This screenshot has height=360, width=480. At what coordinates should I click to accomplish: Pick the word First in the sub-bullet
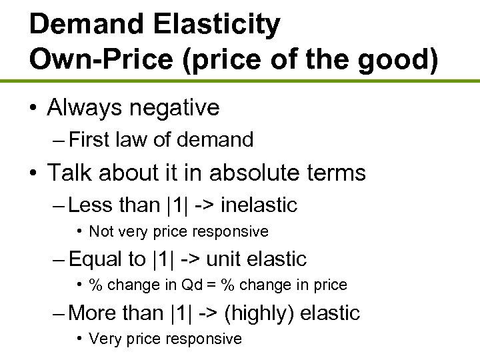(x=90, y=140)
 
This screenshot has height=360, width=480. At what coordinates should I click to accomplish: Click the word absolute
(x=255, y=173)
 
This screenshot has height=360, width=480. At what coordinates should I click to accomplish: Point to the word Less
(x=91, y=205)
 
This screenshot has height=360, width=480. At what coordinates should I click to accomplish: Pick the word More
(x=94, y=313)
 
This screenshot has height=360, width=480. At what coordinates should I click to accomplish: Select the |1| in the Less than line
(x=175, y=205)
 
